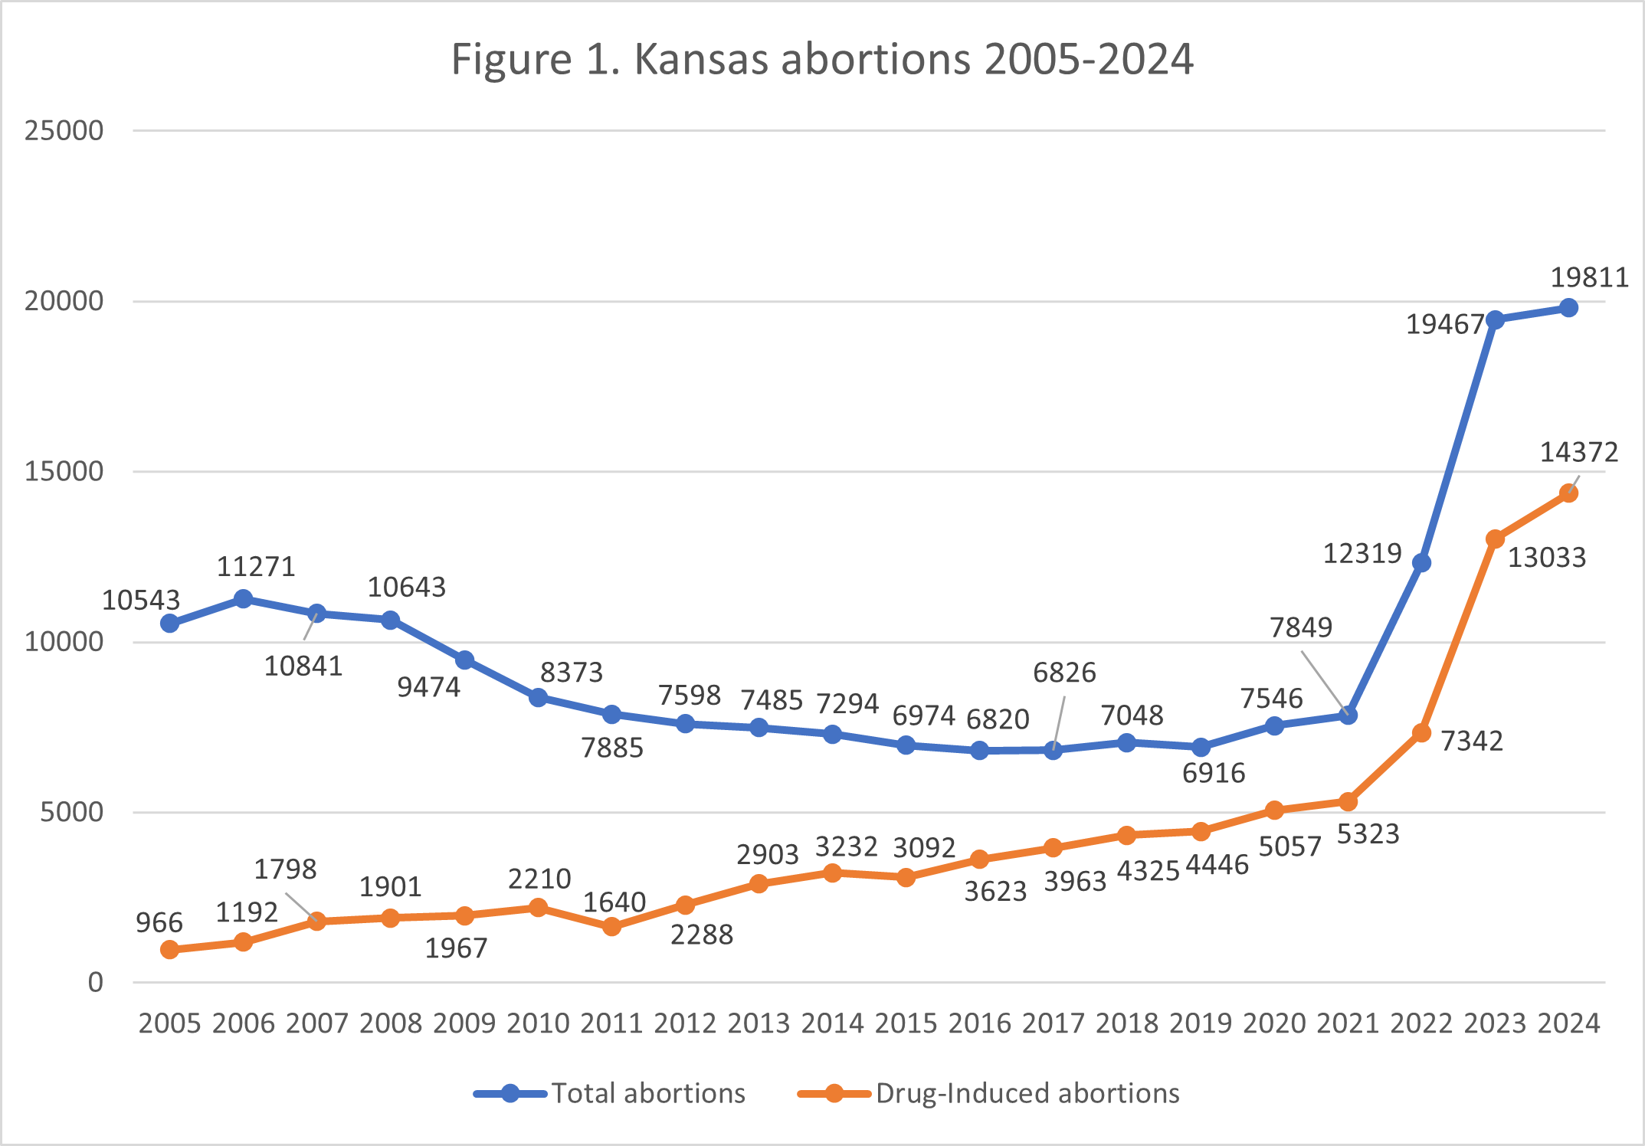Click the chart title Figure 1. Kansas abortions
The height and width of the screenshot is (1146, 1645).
click(x=821, y=59)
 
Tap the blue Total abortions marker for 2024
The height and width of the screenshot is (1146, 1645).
click(x=1568, y=308)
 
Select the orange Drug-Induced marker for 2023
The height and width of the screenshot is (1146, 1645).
click(x=1495, y=539)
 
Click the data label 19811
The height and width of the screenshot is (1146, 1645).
click(x=1589, y=277)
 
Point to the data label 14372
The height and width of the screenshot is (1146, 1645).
click(x=1578, y=453)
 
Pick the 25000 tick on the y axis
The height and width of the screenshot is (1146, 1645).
click(x=64, y=131)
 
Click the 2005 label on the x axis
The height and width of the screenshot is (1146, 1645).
click(x=169, y=1023)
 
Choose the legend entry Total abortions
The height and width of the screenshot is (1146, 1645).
click(x=647, y=1093)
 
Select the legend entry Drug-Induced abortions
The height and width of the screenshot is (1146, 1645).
click(x=1027, y=1093)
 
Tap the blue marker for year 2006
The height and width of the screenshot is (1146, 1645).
click(x=244, y=599)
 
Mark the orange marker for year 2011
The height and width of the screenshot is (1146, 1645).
click(x=611, y=927)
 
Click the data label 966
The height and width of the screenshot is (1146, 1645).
click(x=159, y=923)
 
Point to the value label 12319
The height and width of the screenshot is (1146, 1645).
click(x=1362, y=553)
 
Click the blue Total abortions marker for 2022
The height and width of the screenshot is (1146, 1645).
click(x=1421, y=563)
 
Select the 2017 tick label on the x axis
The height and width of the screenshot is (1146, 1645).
click(x=1054, y=1023)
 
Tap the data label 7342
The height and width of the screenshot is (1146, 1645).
click(x=1472, y=741)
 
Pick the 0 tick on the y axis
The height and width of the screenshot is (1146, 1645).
click(x=95, y=983)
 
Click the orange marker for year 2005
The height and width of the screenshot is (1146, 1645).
click(x=170, y=950)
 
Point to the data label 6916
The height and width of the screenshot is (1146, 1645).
click(x=1214, y=773)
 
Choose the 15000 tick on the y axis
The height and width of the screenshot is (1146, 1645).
click(x=64, y=472)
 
